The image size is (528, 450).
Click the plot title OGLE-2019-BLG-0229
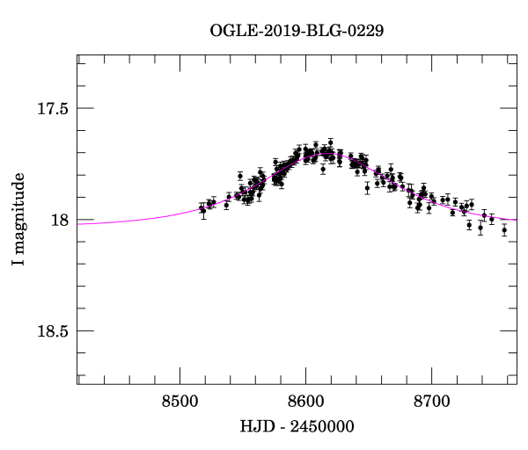coord(297,30)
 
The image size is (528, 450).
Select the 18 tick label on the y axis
coord(60,220)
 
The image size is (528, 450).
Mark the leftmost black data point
coord(202,209)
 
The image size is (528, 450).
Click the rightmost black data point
coord(504,229)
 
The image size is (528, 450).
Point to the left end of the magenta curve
coord(78,223)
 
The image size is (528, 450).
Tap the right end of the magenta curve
coord(516,220)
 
